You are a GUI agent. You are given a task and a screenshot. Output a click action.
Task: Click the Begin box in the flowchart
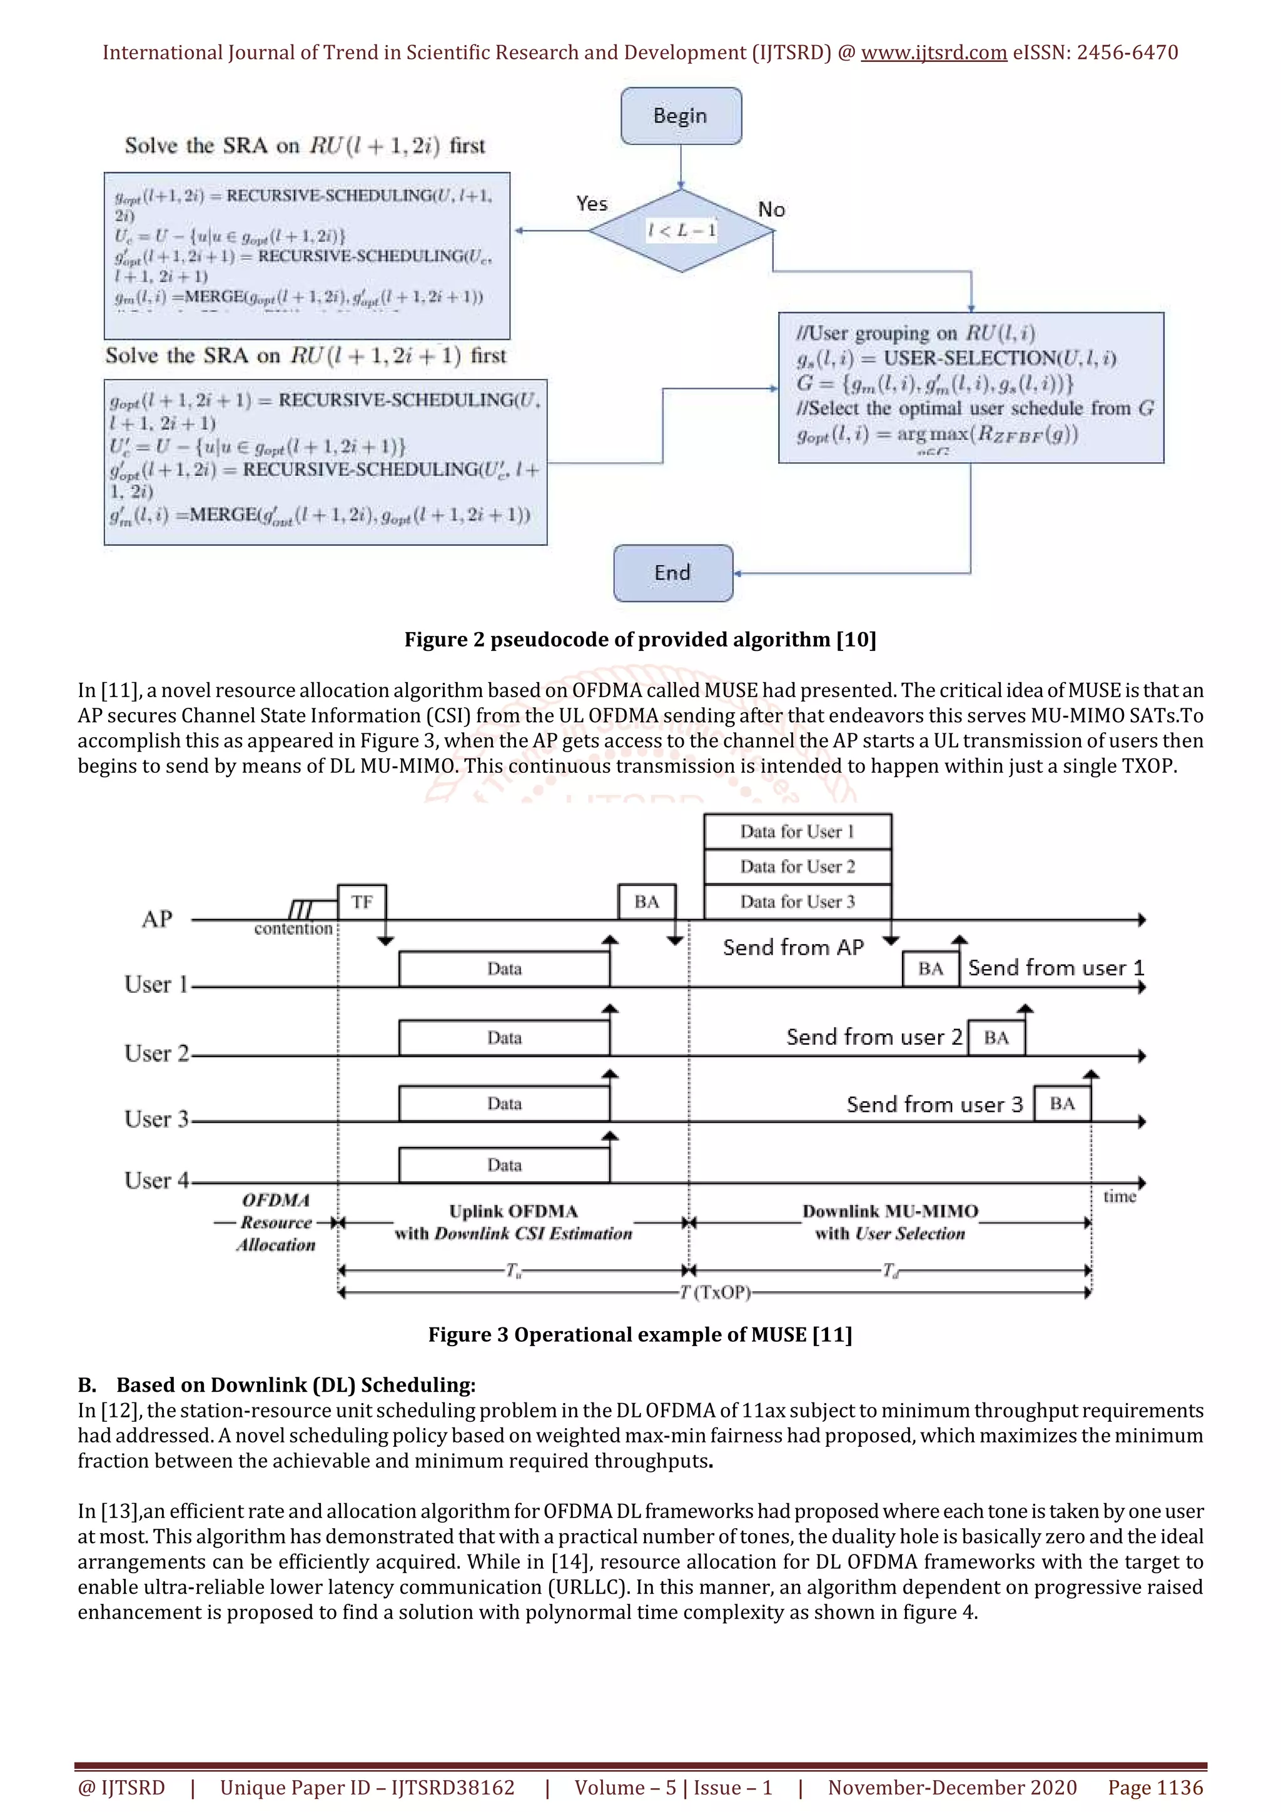[x=681, y=116]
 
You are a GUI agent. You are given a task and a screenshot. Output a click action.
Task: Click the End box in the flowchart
[x=672, y=573]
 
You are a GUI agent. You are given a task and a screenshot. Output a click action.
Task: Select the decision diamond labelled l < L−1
[x=681, y=231]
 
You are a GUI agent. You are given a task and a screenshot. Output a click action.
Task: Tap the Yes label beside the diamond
[x=591, y=204]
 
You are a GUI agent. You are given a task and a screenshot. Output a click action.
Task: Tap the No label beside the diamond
[x=771, y=210]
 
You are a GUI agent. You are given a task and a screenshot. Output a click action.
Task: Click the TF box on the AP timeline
[x=362, y=902]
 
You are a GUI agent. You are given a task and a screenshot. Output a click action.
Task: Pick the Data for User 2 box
[x=797, y=867]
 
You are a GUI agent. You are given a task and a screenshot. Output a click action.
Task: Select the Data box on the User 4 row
[x=504, y=1165]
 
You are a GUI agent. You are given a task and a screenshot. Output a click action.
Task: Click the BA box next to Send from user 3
[x=1062, y=1104]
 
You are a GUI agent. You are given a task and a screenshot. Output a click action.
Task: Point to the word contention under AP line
[x=293, y=929]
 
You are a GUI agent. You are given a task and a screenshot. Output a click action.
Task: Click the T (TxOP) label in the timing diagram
[x=715, y=1292]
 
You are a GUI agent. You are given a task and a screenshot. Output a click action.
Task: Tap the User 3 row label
[x=156, y=1119]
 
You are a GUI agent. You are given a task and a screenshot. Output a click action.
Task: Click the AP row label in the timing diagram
[x=156, y=919]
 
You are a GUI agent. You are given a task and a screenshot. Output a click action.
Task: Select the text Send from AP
[x=793, y=947]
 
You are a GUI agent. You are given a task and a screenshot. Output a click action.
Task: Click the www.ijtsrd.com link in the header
[x=933, y=53]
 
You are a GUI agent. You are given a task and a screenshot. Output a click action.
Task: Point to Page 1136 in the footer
[x=1155, y=1788]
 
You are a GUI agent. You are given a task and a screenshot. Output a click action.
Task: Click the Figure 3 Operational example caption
[x=640, y=1334]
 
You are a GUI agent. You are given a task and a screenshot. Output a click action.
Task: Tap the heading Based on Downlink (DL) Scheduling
[x=295, y=1385]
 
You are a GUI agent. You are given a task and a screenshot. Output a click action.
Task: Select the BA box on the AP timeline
[x=646, y=902]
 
